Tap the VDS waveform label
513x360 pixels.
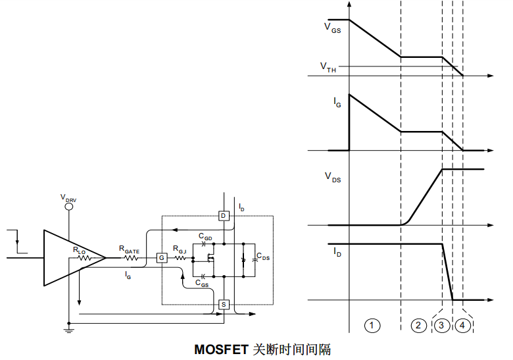point(333,176)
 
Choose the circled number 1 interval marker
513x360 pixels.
point(372,325)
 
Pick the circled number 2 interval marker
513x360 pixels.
point(418,325)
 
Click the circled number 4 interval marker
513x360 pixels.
point(463,325)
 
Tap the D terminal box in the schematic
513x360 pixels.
point(224,216)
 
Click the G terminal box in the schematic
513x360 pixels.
point(161,258)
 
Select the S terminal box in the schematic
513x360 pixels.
point(224,304)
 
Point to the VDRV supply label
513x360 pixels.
point(68,197)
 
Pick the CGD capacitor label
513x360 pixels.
point(205,236)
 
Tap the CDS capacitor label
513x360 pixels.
point(262,257)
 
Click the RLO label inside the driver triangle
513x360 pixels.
point(79,250)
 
